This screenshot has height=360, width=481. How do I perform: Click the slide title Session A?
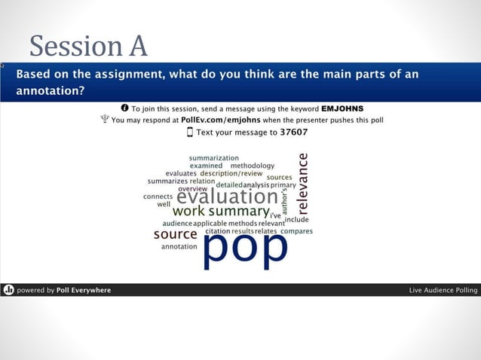pos(88,47)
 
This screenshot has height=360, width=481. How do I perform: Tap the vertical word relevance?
pos(303,182)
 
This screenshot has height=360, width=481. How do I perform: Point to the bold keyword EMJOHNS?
pos(342,108)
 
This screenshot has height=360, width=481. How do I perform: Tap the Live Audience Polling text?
pos(443,290)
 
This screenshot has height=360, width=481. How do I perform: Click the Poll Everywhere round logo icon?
pos(8,290)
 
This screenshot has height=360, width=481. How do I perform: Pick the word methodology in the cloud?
pos(252,166)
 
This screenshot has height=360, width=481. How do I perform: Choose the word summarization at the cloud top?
pos(213,158)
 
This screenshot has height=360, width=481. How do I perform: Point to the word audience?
pos(177,224)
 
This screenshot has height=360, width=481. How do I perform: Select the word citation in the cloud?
pos(217,231)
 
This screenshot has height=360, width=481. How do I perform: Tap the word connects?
pos(158,197)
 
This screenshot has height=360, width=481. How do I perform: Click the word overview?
pos(192,188)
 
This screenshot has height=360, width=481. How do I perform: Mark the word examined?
pos(206,166)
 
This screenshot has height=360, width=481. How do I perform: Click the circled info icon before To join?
pos(124,108)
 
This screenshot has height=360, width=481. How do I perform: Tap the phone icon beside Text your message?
pos(190,132)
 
